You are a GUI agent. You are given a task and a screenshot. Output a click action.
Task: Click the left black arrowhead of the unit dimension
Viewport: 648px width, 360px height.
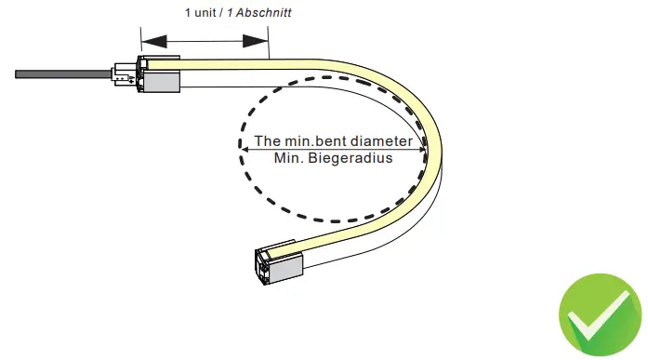click(153, 41)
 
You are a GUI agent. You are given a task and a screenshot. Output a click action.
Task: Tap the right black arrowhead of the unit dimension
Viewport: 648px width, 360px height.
click(255, 41)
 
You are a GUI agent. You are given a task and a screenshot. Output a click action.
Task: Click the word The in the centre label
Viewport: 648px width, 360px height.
click(268, 141)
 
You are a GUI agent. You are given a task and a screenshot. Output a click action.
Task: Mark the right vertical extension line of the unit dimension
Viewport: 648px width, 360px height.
click(268, 42)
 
